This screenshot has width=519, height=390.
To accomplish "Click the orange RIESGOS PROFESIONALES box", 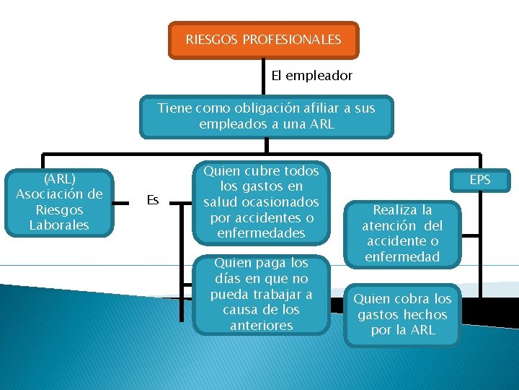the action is [263, 40].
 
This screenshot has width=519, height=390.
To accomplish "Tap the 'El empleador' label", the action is [311, 75].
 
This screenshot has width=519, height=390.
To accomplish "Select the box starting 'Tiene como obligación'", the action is [266, 116].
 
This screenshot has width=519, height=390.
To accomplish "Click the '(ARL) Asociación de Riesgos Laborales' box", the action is [59, 202].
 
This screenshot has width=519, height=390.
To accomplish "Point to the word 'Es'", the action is [153, 200].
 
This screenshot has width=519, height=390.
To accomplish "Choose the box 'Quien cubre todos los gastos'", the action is [260, 202].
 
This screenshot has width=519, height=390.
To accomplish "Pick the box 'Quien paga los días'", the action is [260, 294].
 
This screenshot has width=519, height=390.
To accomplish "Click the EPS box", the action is [479, 179].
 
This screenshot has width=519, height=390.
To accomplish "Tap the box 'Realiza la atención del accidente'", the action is [402, 233].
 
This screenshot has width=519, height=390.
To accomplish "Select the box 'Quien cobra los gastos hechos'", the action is [402, 315].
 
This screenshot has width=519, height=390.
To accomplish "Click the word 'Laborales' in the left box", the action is [59, 225].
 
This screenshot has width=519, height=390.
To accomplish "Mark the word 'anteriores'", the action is [260, 325].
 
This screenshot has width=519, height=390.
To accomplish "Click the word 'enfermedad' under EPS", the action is [402, 256].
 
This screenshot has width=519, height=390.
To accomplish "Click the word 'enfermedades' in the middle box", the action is [260, 233].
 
